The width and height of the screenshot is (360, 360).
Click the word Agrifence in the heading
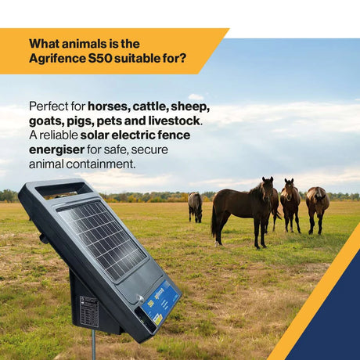[57, 59]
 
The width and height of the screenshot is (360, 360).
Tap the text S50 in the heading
[100, 58]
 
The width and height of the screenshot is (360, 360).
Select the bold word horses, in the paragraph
[109, 106]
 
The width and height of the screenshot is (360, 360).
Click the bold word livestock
[174, 121]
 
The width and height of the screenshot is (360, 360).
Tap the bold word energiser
[56, 150]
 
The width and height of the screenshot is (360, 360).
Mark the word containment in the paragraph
[101, 164]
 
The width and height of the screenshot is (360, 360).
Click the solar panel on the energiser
[102, 239]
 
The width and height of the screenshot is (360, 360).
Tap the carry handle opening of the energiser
[63, 189]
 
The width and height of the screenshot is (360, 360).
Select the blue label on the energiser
[160, 304]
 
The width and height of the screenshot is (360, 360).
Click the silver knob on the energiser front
[141, 298]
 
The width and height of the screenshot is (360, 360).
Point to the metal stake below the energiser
[93, 344]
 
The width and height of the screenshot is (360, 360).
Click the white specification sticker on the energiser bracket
[89, 311]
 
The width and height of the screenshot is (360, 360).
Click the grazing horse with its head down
[196, 207]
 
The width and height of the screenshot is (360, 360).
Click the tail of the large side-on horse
[214, 221]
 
